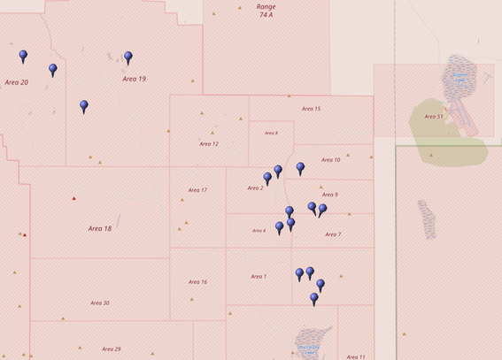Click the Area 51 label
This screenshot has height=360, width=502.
tap(434, 116)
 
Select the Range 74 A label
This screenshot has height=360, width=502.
tap(266, 11)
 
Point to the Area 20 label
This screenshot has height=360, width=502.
tap(16, 82)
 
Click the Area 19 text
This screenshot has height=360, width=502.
tap(134, 79)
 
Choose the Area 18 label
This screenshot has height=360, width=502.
tap(100, 228)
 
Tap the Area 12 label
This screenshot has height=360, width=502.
tap(209, 143)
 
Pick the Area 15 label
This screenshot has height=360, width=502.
tap(311, 109)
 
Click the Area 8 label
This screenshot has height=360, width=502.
tap(271, 134)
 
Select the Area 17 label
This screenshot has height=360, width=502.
tap(197, 190)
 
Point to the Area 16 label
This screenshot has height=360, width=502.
tap(197, 282)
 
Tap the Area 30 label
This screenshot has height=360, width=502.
tap(99, 303)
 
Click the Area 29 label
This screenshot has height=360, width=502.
tap(111, 349)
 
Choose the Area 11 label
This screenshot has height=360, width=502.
tap(356, 356)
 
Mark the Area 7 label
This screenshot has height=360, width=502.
tap(333, 234)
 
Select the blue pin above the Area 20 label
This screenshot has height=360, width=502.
tap(23, 56)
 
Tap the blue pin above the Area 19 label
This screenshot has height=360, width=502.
tap(128, 57)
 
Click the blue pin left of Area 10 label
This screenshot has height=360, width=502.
tap(300, 167)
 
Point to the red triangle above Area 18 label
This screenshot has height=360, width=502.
tap(73, 198)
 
